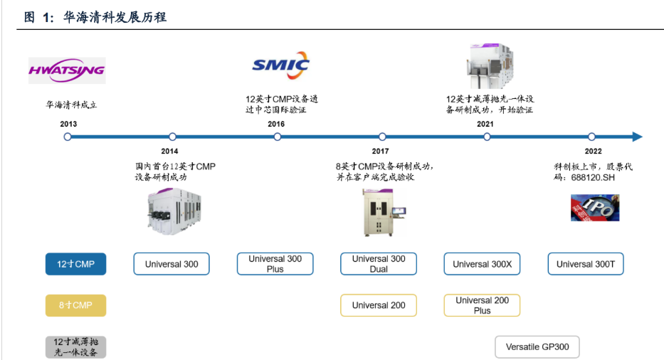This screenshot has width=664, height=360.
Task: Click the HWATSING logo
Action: (67, 70)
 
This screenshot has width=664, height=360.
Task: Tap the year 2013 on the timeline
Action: (68, 124)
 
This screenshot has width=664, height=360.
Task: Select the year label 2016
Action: (276, 124)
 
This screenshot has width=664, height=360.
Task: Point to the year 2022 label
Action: (593, 151)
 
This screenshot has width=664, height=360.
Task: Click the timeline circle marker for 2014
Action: (172, 137)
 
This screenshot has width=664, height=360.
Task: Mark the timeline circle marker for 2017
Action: (382, 137)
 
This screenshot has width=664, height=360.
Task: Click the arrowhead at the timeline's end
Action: (637, 137)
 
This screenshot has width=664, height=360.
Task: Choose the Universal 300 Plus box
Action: (275, 264)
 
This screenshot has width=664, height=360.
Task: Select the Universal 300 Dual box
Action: (379, 264)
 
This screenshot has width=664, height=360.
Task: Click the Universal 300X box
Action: (482, 264)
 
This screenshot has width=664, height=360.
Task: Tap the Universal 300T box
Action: (585, 264)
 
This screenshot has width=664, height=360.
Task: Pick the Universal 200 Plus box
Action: (482, 305)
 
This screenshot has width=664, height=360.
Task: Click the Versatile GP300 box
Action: (537, 347)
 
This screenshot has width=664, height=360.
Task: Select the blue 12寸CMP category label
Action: (75, 264)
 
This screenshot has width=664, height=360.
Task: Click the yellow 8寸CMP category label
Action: (75, 305)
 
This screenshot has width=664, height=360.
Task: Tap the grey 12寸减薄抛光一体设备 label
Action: (75, 347)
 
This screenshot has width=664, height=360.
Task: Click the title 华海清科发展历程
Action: (115, 17)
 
